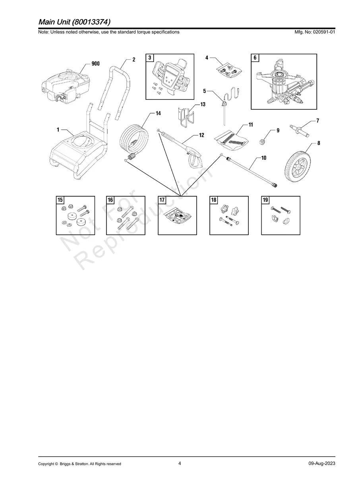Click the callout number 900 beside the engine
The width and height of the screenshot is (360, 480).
click(95, 64)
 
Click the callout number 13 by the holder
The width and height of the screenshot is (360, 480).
click(203, 105)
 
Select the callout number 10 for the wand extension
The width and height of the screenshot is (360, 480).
click(264, 158)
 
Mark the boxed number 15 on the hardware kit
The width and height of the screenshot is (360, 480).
click(60, 200)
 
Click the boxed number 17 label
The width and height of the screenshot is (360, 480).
click(162, 200)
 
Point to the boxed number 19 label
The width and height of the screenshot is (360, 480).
click(265, 200)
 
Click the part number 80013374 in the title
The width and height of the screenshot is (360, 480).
click(92, 21)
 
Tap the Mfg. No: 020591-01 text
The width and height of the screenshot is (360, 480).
click(314, 32)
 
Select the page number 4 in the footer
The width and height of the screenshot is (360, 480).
click(180, 463)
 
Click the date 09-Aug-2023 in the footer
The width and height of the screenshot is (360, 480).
click(322, 464)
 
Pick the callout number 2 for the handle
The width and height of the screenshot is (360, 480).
click(134, 60)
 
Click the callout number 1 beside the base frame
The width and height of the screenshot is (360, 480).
click(58, 130)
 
